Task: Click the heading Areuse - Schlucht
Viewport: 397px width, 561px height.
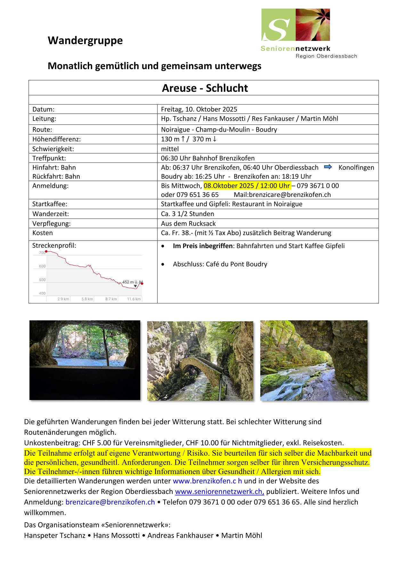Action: [205, 88]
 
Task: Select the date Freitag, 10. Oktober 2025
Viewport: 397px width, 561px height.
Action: [199, 109]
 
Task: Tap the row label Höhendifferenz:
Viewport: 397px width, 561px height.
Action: [56, 139]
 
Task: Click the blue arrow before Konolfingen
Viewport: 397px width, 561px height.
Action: [328, 167]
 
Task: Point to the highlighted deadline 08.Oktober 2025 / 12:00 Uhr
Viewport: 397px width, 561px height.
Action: [247, 186]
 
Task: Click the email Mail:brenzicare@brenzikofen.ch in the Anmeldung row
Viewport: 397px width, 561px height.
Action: [282, 195]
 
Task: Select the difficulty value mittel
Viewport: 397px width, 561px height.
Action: [170, 149]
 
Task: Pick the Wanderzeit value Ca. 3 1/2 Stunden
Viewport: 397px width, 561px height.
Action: [187, 214]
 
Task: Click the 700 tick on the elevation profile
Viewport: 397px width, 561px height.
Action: [42, 253]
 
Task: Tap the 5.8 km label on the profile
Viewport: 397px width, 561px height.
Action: [87, 299]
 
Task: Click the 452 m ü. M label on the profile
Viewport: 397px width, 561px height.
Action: [132, 282]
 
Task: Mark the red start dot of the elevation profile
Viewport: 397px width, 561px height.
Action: [46, 252]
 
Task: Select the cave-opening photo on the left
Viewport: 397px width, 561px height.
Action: [85, 360]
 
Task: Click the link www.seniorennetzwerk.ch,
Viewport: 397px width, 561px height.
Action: [219, 492]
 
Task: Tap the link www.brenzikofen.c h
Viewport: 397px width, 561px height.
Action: [207, 481]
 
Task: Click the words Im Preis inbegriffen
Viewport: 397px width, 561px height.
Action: [203, 246]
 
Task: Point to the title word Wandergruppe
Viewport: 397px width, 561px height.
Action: [85, 40]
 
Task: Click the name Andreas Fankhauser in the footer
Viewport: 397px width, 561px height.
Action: [180, 535]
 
